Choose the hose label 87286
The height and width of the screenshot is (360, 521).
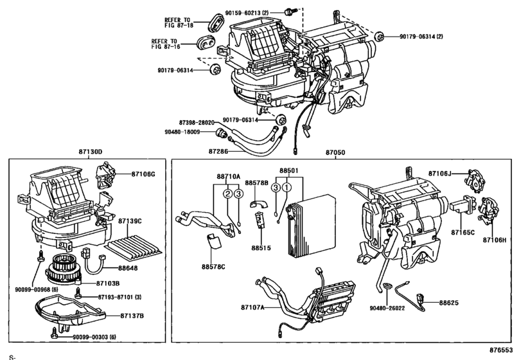[x=218, y=152]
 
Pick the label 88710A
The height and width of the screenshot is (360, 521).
[x=228, y=176]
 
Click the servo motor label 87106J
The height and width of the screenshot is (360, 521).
[x=441, y=172]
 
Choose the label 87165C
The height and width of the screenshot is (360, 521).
[x=462, y=231]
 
